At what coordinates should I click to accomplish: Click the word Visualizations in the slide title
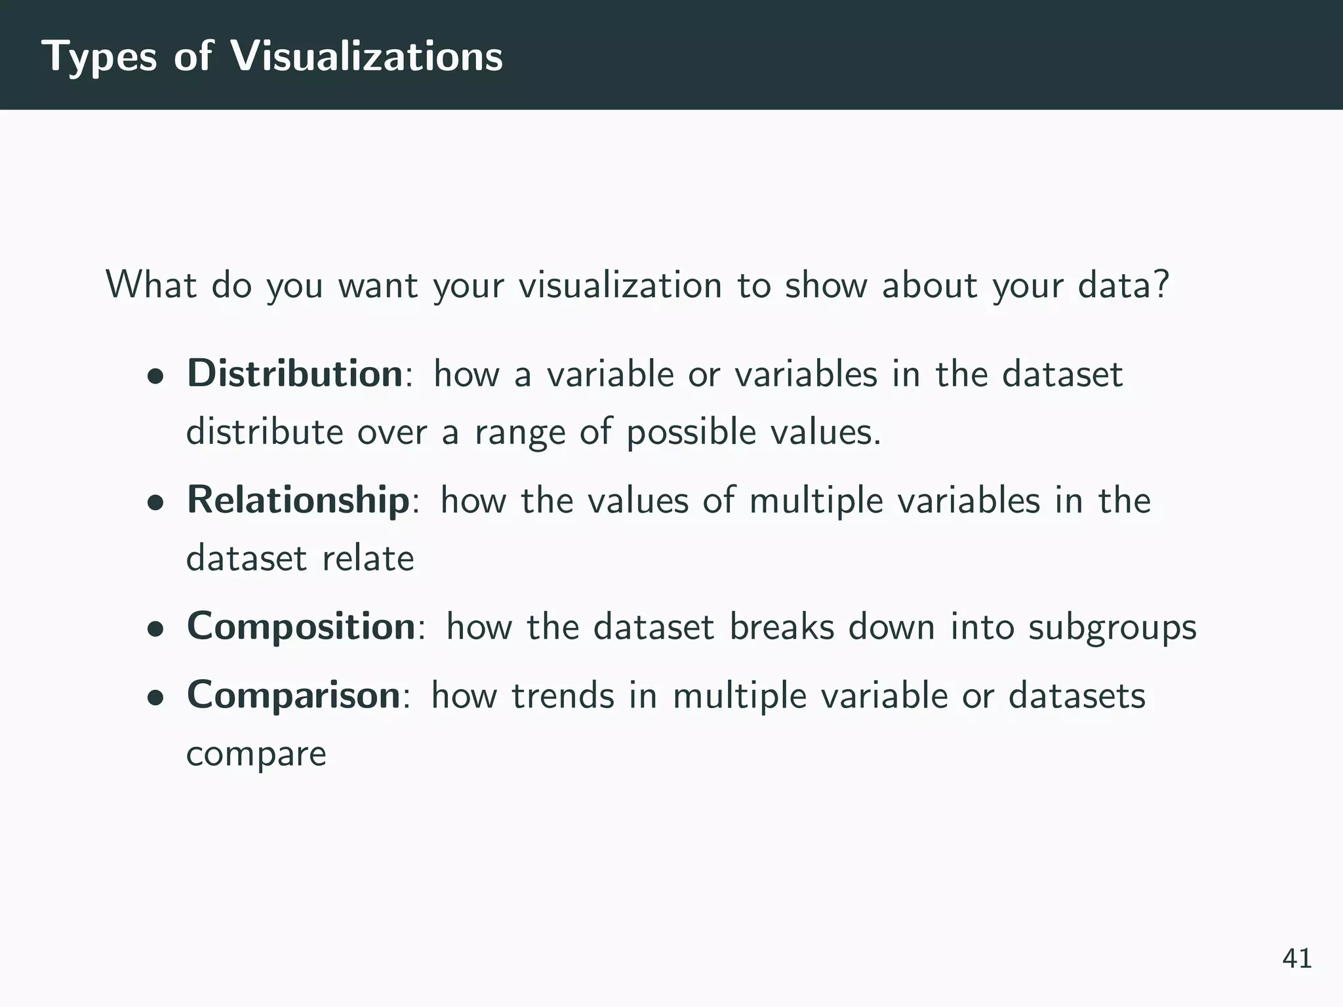point(367,56)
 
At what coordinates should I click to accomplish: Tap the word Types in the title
point(99,57)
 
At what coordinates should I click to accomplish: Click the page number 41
point(1297,958)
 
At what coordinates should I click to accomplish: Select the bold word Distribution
point(294,374)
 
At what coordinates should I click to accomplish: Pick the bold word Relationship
point(298,500)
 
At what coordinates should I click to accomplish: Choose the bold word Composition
point(301,627)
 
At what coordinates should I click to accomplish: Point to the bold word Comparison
point(293,696)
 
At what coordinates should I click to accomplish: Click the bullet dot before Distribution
point(155,378)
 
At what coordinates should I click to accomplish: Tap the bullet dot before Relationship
point(155,504)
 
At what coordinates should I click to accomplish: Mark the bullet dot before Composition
point(155,630)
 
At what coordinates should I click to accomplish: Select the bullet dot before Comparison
point(155,699)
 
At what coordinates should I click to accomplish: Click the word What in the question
point(151,285)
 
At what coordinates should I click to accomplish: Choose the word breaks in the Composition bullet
point(782,627)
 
